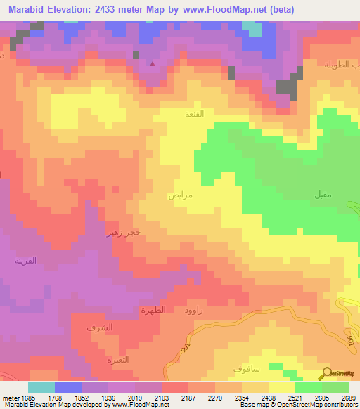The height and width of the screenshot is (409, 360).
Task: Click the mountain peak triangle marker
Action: point(153,64)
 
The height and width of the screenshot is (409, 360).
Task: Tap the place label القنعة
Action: point(194,113)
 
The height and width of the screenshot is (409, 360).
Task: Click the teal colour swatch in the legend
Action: point(41,387)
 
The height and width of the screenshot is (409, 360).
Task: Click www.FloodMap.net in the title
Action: point(219,9)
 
